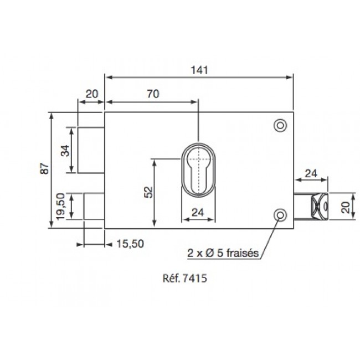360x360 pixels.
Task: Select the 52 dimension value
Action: (147, 191)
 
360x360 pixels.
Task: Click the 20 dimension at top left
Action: (91, 94)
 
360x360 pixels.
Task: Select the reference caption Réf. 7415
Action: (183, 280)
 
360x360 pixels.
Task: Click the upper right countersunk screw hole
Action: (281, 126)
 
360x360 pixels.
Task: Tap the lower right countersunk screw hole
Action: (281, 215)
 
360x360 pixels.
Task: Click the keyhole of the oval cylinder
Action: (198, 169)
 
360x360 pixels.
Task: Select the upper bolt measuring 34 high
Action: (91, 150)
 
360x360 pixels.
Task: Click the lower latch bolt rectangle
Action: (94, 205)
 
